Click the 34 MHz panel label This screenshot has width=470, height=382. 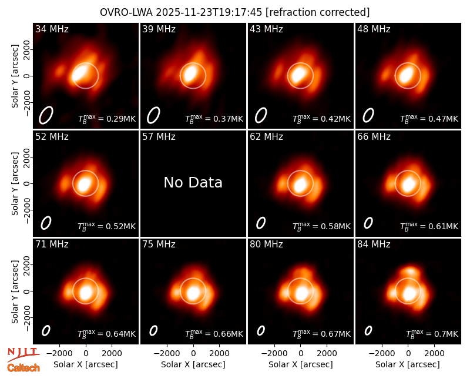tap(52, 29)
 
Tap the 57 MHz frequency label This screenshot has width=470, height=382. tap(159, 137)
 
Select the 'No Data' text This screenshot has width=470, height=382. tap(193, 182)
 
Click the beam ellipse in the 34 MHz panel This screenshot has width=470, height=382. tap(46, 115)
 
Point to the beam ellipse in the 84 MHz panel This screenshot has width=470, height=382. tap(368, 330)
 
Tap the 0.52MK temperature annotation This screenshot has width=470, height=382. tap(121, 226)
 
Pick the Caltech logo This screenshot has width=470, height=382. tap(23, 368)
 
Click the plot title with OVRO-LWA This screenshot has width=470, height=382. tap(234, 12)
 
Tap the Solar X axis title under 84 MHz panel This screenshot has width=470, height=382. tap(408, 364)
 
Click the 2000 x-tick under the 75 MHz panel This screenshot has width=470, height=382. tap(219, 354)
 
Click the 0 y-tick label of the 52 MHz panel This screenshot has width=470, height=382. tap(27, 183)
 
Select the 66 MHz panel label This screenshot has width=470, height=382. tap(374, 137)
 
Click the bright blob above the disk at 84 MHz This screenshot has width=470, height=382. tap(410, 272)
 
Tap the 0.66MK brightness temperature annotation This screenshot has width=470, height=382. tap(229, 334)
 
